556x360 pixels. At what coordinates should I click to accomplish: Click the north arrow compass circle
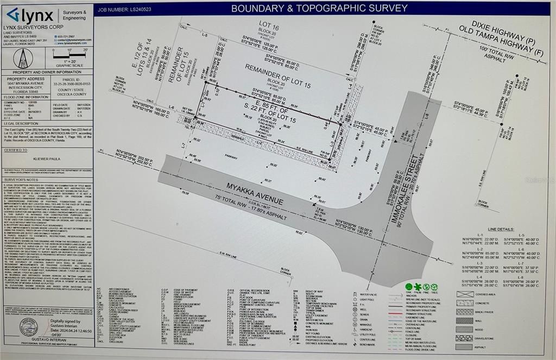[23, 58]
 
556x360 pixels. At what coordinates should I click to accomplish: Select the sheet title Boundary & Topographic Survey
[319, 8]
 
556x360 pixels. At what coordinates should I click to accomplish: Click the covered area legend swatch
[465, 294]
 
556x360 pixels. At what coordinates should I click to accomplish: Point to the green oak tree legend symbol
[409, 286]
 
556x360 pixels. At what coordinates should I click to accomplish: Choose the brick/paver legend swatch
[465, 311]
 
